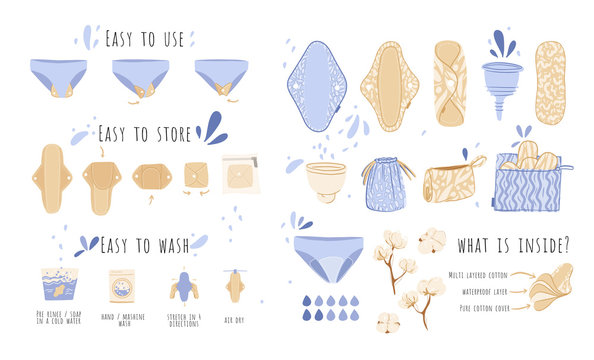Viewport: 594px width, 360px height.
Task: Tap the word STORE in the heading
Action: pos(166,133)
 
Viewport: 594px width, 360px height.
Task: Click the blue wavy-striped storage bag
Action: pos(528,185)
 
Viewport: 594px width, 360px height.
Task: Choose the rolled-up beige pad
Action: pos(449,83)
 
